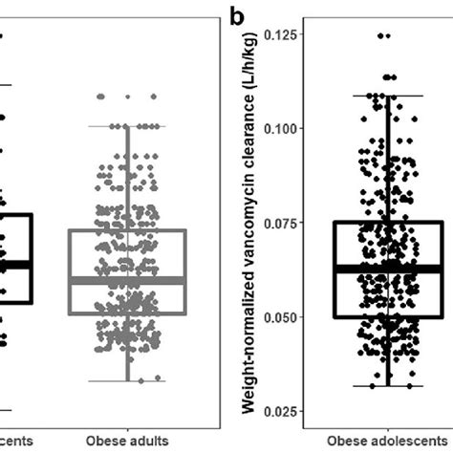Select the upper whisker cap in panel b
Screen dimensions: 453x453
[x=387, y=96]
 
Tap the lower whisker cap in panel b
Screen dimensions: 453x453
[x=387, y=386]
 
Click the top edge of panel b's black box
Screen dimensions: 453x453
[x=387, y=222]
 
